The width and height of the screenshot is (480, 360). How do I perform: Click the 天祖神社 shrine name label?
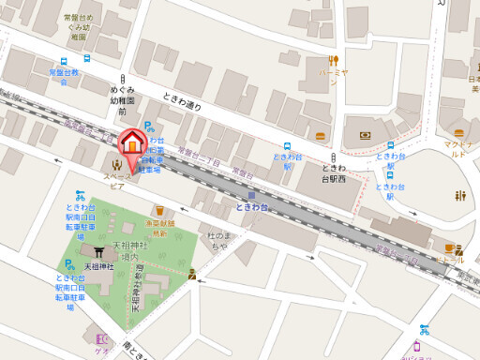[98, 267]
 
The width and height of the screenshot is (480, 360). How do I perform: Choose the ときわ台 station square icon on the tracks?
[250, 195]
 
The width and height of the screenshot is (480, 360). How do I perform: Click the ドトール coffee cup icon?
[450, 248]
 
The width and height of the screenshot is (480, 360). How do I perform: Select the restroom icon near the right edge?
[459, 196]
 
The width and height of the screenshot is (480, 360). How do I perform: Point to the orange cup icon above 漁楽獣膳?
[160, 211]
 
